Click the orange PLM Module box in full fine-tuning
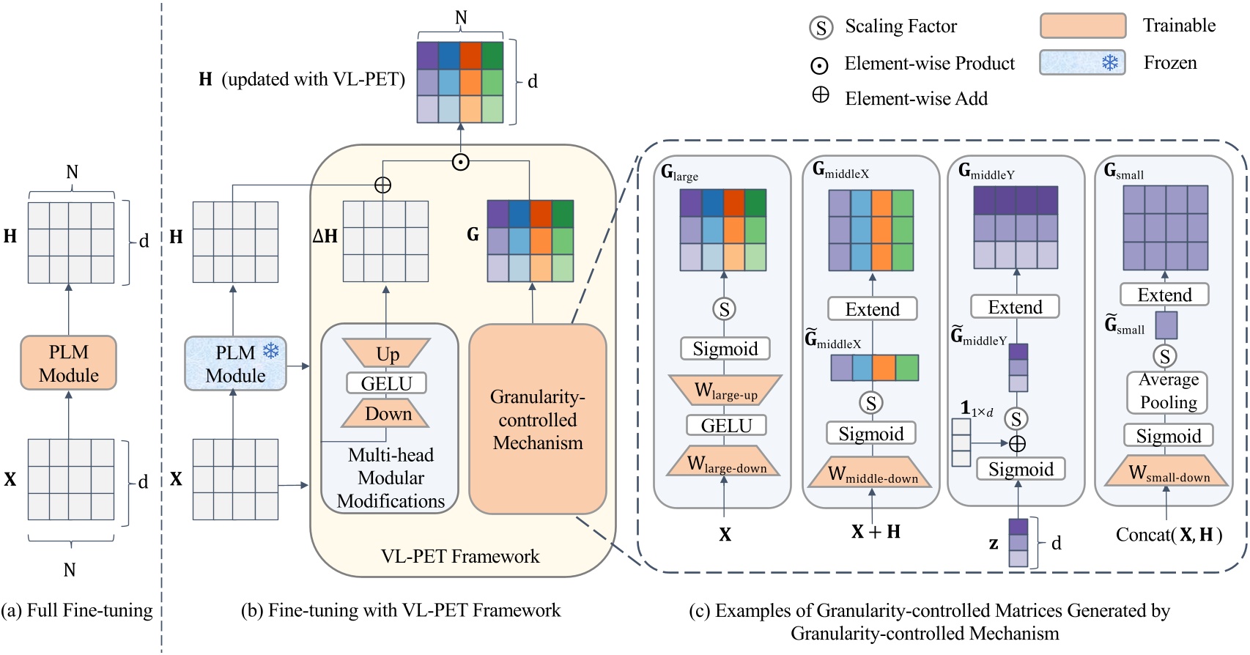(69, 363)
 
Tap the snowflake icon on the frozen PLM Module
(271, 350)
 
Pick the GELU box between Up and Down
(387, 383)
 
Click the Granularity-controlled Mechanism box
(537, 420)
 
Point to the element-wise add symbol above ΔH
(382, 185)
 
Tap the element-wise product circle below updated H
(460, 162)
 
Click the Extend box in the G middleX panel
(872, 309)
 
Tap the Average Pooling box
(1168, 391)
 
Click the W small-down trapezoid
(1168, 473)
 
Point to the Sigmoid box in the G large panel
(725, 349)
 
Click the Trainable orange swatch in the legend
(1082, 26)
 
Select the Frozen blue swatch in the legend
(1082, 63)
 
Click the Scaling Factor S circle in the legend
(821, 28)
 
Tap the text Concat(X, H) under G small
(1169, 535)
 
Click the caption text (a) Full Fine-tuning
(77, 610)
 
